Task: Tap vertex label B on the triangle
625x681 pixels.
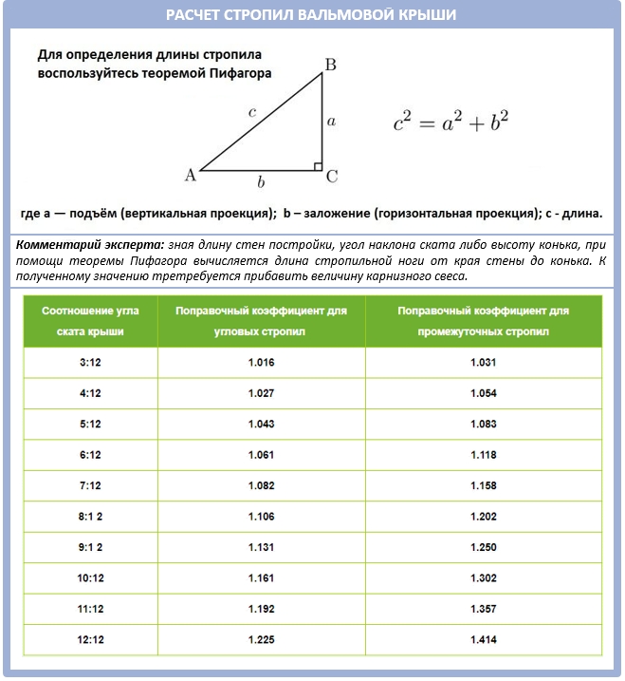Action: pyautogui.click(x=329, y=65)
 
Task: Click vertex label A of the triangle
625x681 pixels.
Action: pyautogui.click(x=190, y=175)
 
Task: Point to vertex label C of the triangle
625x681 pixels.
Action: pyautogui.click(x=332, y=177)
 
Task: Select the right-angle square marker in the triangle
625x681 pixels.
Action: pyautogui.click(x=319, y=167)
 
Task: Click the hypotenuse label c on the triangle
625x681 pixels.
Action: pyautogui.click(x=251, y=112)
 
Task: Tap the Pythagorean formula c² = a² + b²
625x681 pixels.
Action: pyautogui.click(x=451, y=122)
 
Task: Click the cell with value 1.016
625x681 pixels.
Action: pyautogui.click(x=261, y=363)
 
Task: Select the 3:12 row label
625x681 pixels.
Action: pyautogui.click(x=91, y=363)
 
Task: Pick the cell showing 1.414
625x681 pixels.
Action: pyautogui.click(x=483, y=640)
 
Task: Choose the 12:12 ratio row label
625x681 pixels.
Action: pyautogui.click(x=91, y=640)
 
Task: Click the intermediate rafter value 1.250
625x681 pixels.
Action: pyautogui.click(x=483, y=548)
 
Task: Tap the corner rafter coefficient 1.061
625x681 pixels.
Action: pyautogui.click(x=261, y=455)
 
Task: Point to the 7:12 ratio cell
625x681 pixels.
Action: pyautogui.click(x=91, y=486)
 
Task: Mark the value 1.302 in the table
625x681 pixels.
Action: pyautogui.click(x=483, y=578)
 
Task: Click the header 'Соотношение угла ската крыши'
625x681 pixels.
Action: pyautogui.click(x=91, y=321)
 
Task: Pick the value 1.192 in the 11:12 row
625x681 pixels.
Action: pyautogui.click(x=261, y=610)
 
